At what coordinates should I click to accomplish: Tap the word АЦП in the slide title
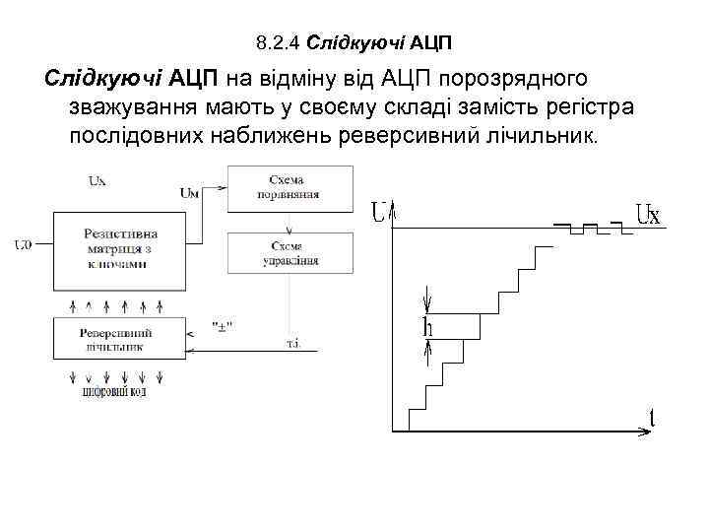click(x=432, y=43)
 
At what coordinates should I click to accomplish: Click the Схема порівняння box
click(x=292, y=187)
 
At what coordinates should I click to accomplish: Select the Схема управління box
click(x=292, y=252)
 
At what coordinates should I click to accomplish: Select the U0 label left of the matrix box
click(x=23, y=244)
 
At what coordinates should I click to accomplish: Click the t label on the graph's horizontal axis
click(x=652, y=418)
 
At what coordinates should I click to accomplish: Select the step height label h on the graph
click(x=427, y=327)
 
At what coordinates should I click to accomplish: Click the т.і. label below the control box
click(x=293, y=342)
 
